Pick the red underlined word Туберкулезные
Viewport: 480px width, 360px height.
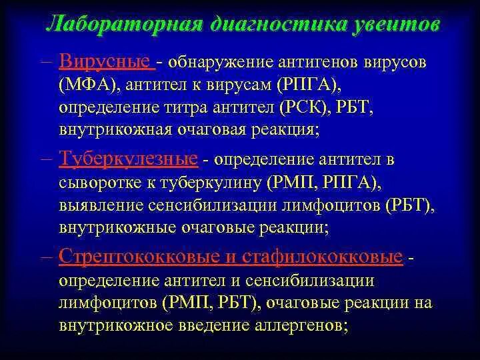pyautogui.click(x=128, y=159)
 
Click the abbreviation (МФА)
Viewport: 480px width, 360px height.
pyautogui.click(x=87, y=86)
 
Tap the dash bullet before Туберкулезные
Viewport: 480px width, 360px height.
pyautogui.click(x=48, y=160)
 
